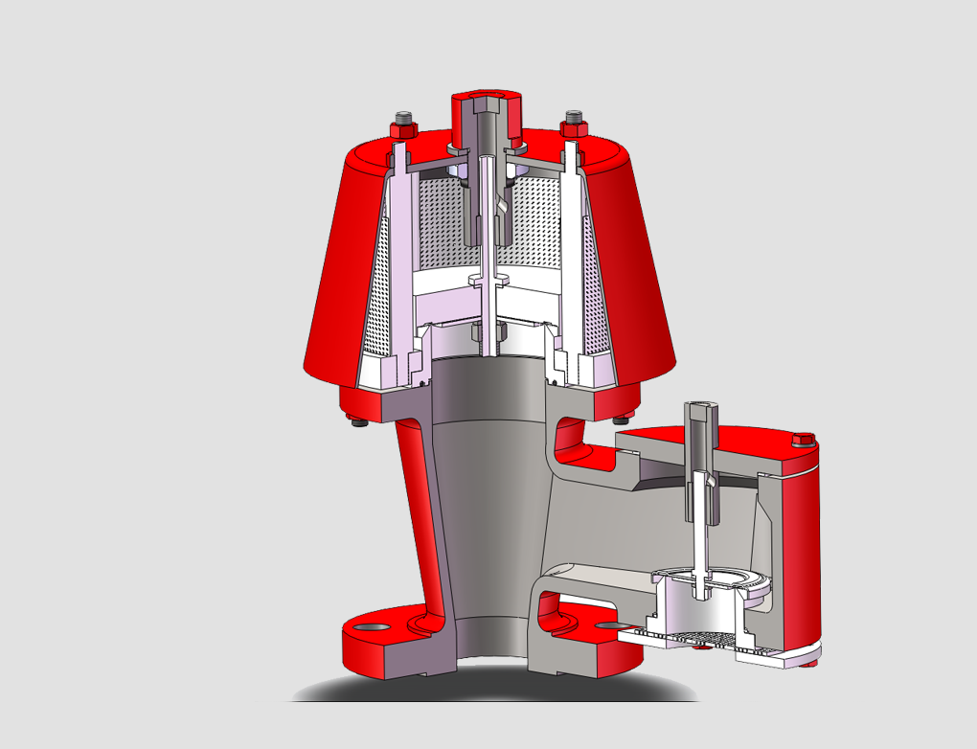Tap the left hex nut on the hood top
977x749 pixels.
point(401,125)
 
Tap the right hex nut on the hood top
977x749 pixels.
point(574,124)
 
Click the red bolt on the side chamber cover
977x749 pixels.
point(804,440)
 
